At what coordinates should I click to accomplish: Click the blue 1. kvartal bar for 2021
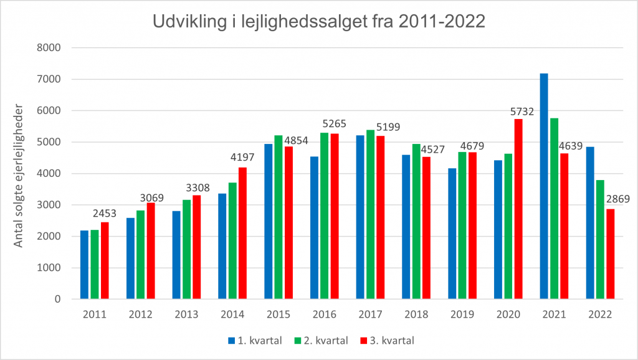[x=544, y=187]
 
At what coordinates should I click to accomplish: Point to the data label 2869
[x=616, y=199]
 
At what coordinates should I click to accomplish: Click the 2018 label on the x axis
[x=416, y=315]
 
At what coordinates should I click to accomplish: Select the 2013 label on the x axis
[x=186, y=315]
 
